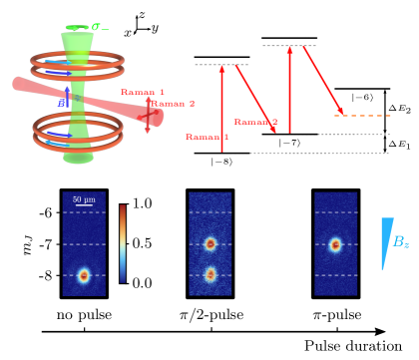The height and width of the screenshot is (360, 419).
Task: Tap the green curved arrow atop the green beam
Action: coord(77,28)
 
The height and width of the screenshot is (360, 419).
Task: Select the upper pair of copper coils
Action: coord(77,66)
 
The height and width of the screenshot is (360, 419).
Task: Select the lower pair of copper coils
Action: coord(78,131)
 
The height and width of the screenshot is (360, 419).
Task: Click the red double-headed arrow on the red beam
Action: coord(148,115)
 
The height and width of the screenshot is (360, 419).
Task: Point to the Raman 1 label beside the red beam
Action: coord(143,92)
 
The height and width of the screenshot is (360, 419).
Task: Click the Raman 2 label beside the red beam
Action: coord(173,104)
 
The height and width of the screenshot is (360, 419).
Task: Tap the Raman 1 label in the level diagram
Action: coord(207,137)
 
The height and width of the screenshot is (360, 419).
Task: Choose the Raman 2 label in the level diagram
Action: coord(255,122)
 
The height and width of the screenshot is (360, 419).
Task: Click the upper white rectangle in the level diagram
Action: coord(246,88)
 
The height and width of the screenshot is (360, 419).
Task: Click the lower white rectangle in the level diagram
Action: coord(221,110)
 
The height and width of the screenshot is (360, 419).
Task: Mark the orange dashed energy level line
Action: coord(362,116)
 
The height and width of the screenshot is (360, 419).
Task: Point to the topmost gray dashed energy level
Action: coord(288,46)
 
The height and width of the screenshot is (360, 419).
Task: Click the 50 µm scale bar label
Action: coord(84,199)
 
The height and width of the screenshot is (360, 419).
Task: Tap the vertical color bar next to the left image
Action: coord(123,243)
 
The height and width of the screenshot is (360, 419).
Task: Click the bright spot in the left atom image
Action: coord(84,275)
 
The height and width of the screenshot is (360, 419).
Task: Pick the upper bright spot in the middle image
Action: coord(209,243)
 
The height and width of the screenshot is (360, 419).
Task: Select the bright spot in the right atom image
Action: coord(335,244)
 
